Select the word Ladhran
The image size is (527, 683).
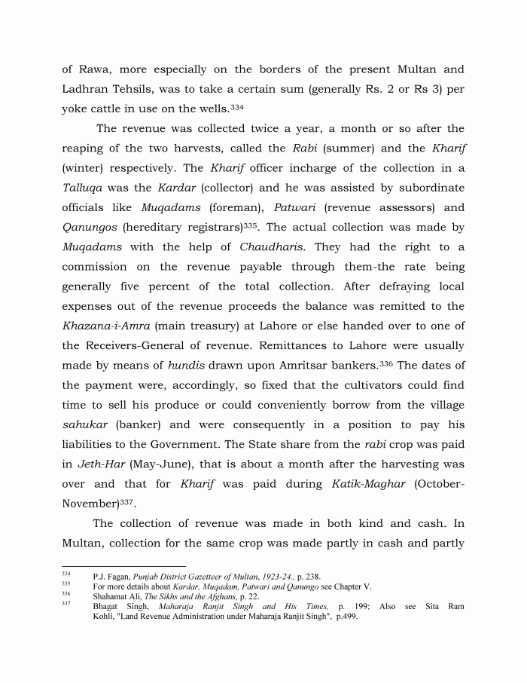point(88,89)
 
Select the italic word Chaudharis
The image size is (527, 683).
point(273,247)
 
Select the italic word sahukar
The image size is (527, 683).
point(85,424)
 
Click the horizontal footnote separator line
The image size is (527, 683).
point(123,565)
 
